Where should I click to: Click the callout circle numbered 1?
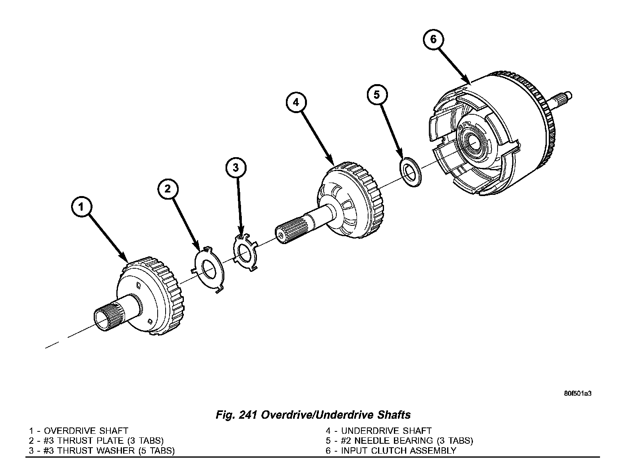(x=81, y=207)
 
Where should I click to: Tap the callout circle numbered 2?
(x=168, y=189)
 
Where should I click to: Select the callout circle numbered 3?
(x=236, y=168)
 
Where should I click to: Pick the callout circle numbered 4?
(x=296, y=103)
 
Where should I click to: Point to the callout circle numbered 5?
(x=376, y=94)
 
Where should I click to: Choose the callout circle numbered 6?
(x=433, y=39)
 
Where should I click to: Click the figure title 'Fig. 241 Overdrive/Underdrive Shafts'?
(x=313, y=415)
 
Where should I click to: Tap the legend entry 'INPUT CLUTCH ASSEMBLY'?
(x=391, y=451)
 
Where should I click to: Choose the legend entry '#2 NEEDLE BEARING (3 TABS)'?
(x=399, y=441)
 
